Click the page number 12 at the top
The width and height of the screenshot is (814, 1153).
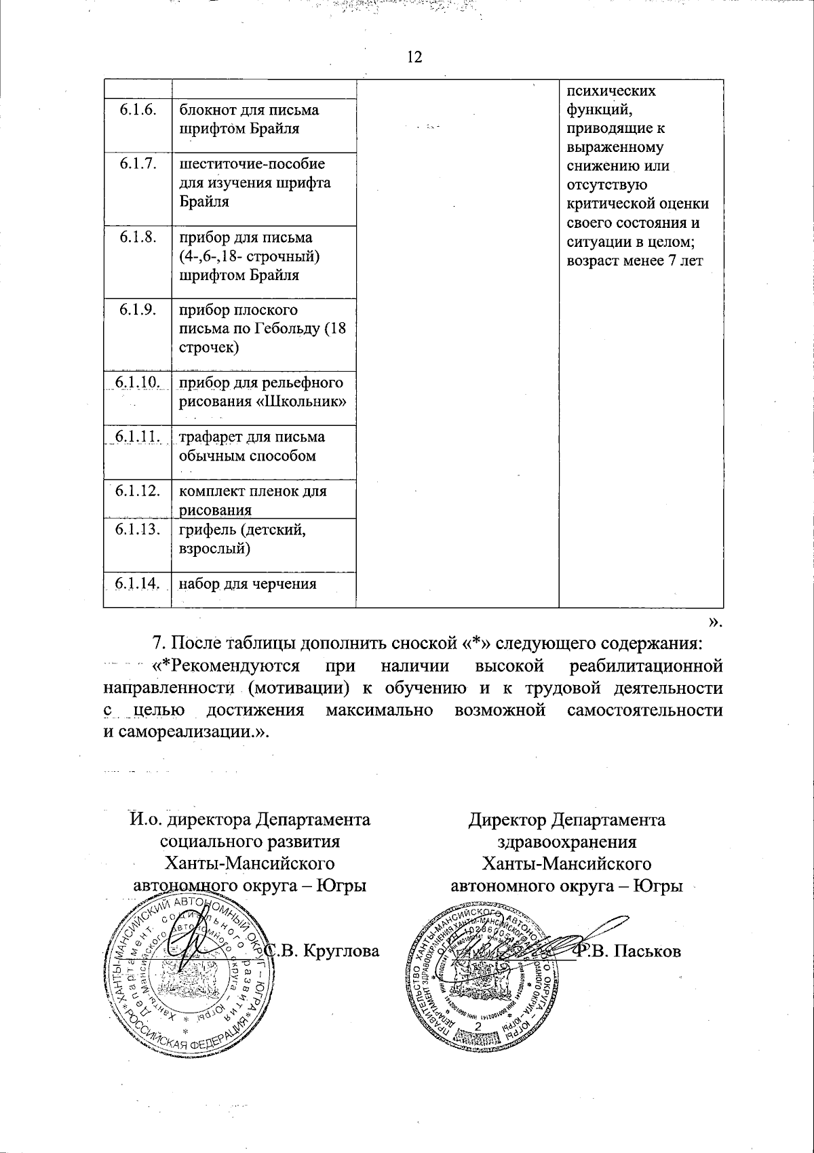[x=414, y=57]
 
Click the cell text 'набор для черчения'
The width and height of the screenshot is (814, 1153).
[x=248, y=583]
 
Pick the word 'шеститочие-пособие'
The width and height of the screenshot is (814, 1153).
[x=252, y=164]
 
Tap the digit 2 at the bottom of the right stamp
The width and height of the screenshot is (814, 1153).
[x=478, y=1028]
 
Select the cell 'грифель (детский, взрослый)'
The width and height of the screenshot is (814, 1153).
[x=242, y=539]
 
